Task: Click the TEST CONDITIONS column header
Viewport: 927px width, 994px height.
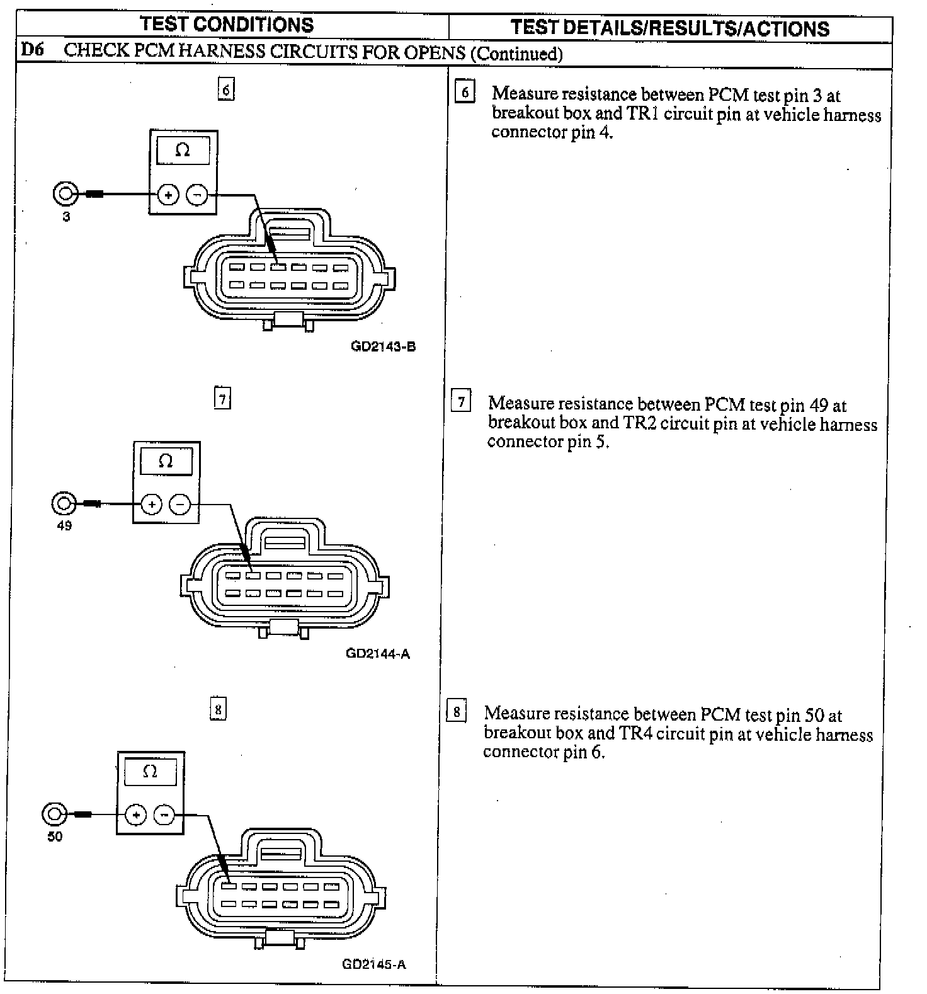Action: point(227,25)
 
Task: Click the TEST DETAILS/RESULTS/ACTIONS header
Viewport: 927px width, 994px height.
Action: point(670,28)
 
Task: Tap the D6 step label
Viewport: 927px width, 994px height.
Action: point(32,49)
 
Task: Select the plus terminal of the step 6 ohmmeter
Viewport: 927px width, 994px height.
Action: point(168,195)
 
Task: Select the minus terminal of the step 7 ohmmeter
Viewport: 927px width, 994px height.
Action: point(180,505)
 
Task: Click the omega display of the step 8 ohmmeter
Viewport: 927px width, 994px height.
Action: point(150,772)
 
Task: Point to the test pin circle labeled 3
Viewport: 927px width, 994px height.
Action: point(65,193)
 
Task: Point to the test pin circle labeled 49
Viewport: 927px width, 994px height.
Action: point(63,503)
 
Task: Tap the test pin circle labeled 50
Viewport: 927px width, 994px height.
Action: point(54,814)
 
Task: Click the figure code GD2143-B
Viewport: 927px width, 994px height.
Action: point(383,346)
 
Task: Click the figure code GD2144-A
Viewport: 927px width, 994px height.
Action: point(378,653)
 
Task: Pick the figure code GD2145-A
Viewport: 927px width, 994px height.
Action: point(374,964)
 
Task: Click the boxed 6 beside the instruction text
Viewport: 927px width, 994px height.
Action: point(465,93)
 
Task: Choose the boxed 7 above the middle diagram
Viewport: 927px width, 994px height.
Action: point(222,398)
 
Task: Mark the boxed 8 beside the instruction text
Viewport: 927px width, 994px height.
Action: point(456,712)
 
